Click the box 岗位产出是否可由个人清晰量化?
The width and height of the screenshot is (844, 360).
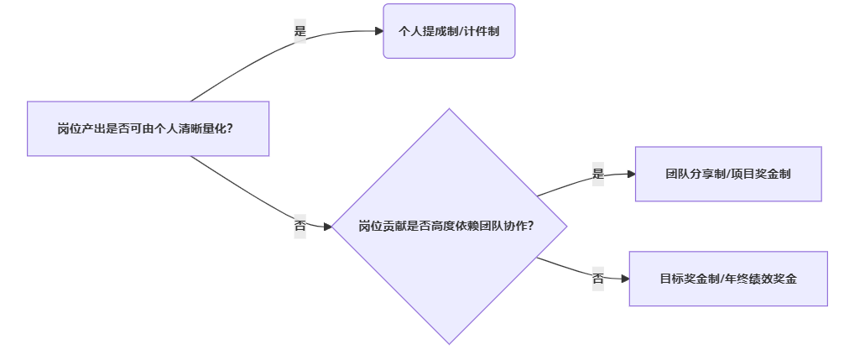point(148,128)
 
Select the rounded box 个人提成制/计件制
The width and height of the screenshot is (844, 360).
point(449,31)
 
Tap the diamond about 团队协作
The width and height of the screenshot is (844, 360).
point(449,226)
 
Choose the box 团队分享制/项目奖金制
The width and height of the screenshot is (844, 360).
point(727,174)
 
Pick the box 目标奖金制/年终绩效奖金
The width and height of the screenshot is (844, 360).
point(727,278)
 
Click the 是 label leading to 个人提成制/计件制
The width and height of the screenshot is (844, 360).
point(300,31)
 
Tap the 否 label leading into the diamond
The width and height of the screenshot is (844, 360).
point(300,226)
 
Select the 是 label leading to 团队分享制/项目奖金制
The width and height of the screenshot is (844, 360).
point(598,174)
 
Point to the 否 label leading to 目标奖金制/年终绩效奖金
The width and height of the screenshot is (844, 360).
point(598,278)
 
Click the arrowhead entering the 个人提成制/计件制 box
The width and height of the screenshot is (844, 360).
point(378,31)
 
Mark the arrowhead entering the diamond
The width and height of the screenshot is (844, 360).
point(328,226)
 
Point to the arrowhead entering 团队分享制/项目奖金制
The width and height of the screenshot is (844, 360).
point(630,174)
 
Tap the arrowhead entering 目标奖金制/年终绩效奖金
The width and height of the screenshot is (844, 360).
point(624,278)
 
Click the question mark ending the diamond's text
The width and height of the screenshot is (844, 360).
point(534,227)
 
